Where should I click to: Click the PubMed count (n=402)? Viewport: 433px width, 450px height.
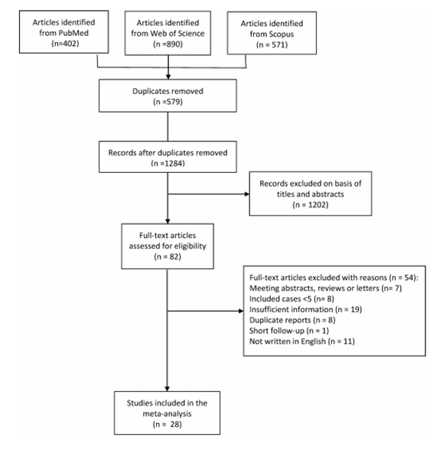[65, 44]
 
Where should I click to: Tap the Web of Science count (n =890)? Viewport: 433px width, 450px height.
[168, 44]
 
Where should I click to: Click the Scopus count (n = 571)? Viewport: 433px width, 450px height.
[272, 44]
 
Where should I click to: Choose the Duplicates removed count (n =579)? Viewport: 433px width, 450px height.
[168, 102]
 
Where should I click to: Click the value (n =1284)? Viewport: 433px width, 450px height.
[168, 163]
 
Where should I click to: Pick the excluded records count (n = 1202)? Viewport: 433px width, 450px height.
[311, 204]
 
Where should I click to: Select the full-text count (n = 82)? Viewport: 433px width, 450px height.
[168, 256]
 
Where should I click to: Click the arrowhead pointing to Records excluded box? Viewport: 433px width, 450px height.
[247, 194]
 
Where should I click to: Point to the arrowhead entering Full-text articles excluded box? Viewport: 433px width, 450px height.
[241, 311]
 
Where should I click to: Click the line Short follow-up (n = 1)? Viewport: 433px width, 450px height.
[289, 331]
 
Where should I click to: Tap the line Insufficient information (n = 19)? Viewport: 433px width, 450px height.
[305, 309]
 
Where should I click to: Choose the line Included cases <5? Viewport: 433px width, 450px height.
[280, 298]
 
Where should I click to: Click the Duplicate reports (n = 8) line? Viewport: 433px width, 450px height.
[292, 320]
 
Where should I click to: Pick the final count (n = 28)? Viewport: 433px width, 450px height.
[168, 424]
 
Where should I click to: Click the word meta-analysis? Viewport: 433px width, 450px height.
[168, 413]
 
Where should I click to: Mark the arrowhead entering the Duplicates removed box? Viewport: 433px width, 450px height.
[168, 77]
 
